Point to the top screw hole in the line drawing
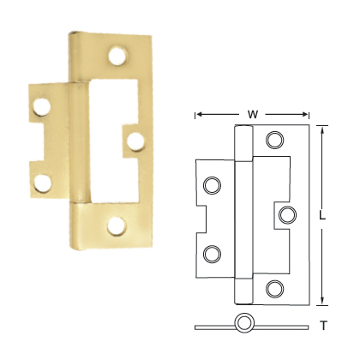pos(274,140)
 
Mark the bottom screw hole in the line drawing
pos(274,287)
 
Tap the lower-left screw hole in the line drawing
pos(212,252)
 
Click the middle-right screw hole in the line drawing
pos(287,213)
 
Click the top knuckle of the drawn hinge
pos(243,142)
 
